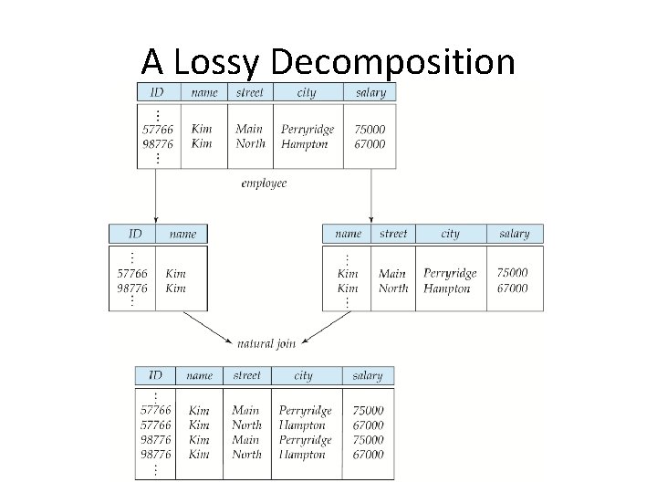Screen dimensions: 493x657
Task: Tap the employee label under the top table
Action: point(264,184)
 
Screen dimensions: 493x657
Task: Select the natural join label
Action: point(266,343)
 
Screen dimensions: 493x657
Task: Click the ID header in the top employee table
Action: point(157,92)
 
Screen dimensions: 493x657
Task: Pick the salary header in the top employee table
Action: point(370,92)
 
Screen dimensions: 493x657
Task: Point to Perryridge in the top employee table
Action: point(308,129)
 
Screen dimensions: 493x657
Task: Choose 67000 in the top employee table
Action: point(370,143)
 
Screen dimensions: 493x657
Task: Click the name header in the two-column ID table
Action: point(182,234)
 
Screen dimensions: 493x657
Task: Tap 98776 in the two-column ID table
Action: point(132,288)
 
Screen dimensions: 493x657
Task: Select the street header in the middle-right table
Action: point(393,234)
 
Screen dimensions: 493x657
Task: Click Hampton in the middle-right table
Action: point(447,288)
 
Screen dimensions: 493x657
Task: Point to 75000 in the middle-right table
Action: point(512,273)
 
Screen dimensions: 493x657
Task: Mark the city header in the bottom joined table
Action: point(304,375)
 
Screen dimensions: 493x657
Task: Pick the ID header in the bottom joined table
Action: point(156,375)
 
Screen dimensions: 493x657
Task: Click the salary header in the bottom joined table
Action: point(368,375)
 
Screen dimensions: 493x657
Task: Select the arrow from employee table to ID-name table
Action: point(155,196)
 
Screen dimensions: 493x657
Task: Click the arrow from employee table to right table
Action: point(370,196)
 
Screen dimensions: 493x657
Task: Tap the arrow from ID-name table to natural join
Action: point(207,327)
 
